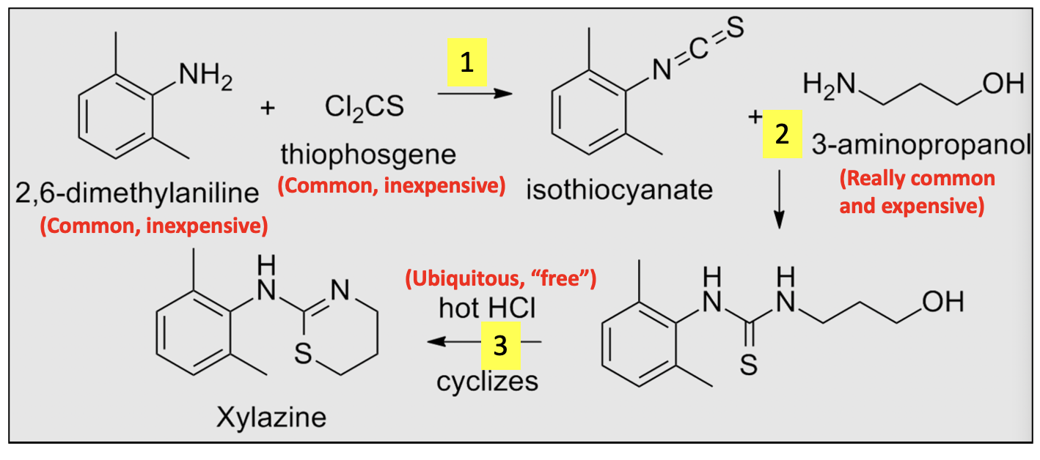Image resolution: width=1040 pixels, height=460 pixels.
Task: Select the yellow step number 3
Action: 500,346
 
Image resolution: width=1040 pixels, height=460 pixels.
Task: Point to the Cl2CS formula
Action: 364,108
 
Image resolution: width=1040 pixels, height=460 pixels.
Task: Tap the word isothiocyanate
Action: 619,190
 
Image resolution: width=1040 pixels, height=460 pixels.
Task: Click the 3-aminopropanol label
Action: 921,147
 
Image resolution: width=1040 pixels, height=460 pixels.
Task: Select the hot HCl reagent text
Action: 487,308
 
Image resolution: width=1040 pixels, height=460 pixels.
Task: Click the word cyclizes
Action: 487,381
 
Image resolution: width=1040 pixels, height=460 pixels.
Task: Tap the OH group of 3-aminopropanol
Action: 1001,84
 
